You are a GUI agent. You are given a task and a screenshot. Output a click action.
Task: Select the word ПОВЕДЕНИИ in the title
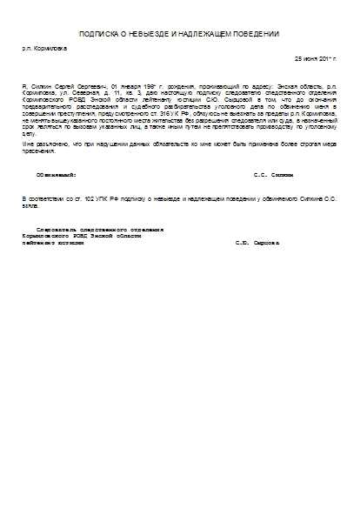tap(257, 34)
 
